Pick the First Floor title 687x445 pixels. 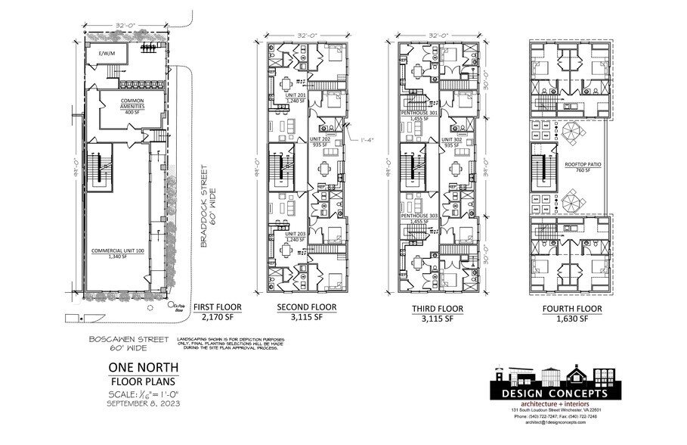tap(218, 307)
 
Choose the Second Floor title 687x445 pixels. tap(307, 307)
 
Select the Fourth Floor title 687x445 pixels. tap(572, 309)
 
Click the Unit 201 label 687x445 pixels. tap(295, 95)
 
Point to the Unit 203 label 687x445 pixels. tap(295, 235)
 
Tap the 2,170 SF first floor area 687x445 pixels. tap(218, 318)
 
